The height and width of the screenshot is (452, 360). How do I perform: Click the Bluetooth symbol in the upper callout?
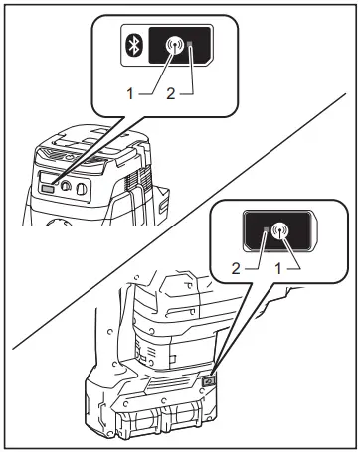click(139, 46)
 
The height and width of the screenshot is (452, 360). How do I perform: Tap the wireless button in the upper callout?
click(176, 45)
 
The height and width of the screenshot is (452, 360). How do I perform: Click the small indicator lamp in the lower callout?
click(264, 233)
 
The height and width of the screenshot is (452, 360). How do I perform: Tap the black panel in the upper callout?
click(177, 46)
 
